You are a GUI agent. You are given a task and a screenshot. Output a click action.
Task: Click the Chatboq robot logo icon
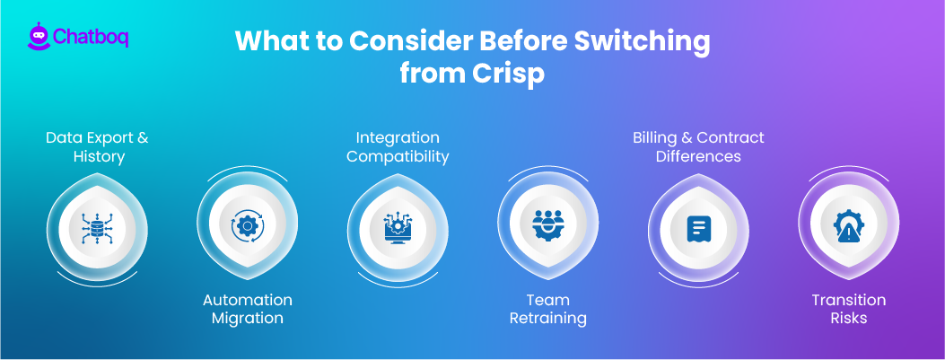38,37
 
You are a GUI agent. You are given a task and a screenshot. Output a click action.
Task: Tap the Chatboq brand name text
90,38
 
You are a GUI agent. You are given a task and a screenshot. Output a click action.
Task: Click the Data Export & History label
97,147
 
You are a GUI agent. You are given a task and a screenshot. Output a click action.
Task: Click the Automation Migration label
247,309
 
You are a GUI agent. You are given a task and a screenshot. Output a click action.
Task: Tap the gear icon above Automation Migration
247,226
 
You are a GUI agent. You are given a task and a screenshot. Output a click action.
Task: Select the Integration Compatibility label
398,147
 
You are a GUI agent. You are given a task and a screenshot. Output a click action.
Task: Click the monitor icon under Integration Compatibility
398,226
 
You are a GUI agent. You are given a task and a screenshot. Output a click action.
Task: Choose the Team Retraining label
548,309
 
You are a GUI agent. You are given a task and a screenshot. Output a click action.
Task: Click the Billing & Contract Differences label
698,147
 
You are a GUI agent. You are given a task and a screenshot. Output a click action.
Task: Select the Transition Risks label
849,309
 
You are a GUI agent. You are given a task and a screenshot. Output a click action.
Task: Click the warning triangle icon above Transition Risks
849,227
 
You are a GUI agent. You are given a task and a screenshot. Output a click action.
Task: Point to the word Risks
849,319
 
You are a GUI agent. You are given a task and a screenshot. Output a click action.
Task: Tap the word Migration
247,319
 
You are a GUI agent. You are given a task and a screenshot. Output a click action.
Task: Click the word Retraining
548,319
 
